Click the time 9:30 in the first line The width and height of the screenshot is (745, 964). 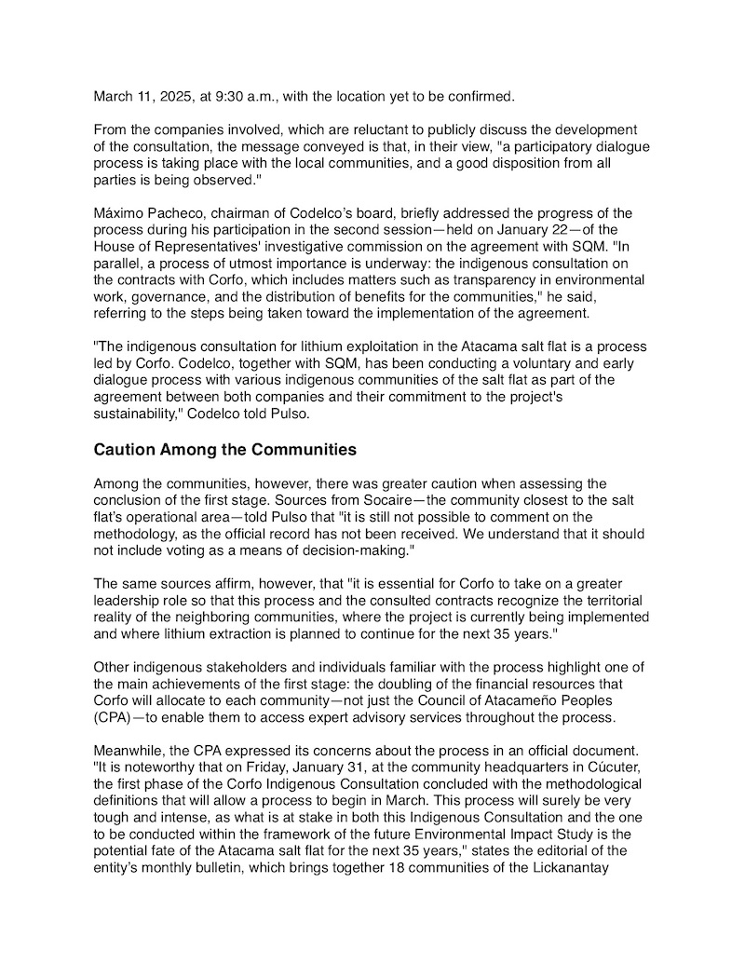pos(229,96)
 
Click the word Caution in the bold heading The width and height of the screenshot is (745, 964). pos(124,450)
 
